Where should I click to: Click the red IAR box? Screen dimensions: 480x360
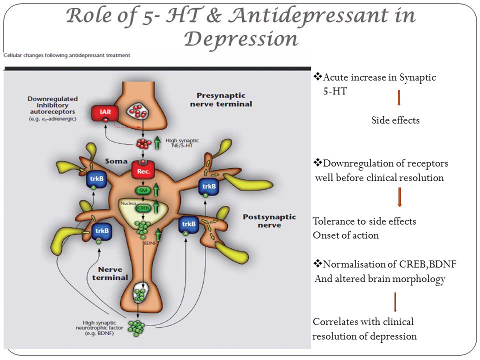click(105, 112)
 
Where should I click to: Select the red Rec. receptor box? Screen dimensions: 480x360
click(143, 170)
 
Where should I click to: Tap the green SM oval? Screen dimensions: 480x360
click(143, 190)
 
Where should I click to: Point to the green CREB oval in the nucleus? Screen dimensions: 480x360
click(143, 208)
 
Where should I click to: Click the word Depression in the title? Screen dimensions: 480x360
click(241, 39)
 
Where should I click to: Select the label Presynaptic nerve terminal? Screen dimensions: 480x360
click(221, 100)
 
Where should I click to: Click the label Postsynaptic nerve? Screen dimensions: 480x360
click(269, 221)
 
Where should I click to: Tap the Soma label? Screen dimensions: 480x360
click(116, 161)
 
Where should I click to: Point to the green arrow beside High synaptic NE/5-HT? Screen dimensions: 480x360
click(157, 143)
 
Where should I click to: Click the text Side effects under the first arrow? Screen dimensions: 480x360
click(395, 120)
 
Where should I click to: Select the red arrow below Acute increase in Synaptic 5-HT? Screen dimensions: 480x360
click(399, 97)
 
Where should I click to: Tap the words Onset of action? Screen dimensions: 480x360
click(345, 235)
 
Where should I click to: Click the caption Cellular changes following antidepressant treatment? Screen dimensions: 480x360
click(66, 55)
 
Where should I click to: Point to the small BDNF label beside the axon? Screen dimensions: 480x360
click(150, 243)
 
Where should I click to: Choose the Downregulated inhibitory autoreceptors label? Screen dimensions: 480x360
click(52, 108)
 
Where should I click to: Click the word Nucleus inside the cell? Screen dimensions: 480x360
click(128, 203)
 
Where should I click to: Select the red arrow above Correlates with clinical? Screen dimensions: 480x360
click(395, 302)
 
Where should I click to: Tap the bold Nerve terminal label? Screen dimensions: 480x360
click(110, 273)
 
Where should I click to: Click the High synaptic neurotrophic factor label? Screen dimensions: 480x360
click(99, 328)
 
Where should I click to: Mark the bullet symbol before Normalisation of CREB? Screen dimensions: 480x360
click(318, 263)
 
